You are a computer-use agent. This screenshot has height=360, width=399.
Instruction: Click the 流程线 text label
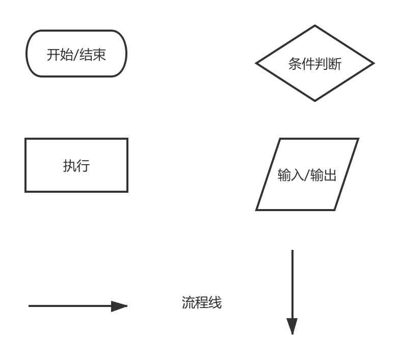202,303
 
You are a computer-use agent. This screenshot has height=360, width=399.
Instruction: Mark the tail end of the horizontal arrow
30,306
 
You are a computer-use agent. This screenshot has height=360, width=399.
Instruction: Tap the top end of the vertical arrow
292,251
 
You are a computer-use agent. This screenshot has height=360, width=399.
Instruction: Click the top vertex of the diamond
314,26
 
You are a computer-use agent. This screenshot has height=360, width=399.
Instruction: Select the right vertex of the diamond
374,64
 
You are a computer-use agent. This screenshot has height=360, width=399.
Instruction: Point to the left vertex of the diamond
256,64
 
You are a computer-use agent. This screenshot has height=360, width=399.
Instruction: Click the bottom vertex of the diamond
314,100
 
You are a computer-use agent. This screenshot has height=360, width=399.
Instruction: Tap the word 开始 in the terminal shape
60,55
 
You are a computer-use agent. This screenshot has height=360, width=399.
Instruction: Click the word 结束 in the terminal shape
93,55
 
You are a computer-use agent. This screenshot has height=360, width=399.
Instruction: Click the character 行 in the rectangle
83,166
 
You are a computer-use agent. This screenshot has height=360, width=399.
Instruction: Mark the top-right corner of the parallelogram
358,139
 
